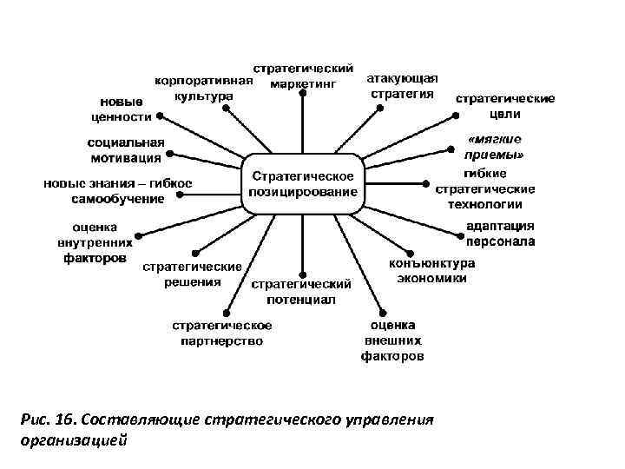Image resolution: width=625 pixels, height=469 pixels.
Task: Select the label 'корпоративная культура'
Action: [x=204, y=88]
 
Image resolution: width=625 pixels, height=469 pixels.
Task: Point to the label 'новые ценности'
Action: [x=122, y=108]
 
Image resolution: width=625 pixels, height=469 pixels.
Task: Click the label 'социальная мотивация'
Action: [x=126, y=149]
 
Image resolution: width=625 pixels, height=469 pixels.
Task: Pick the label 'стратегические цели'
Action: [x=505, y=106]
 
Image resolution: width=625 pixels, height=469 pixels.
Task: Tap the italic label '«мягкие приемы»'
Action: [x=494, y=147]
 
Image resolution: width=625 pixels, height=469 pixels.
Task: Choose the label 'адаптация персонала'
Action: [x=501, y=234]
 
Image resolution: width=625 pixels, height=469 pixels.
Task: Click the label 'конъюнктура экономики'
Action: [x=431, y=270]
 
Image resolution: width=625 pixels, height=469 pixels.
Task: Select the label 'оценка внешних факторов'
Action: [x=392, y=340]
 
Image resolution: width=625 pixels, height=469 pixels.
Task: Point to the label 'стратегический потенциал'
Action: [x=300, y=291]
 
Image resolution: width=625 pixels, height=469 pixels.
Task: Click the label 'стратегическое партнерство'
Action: [x=222, y=333]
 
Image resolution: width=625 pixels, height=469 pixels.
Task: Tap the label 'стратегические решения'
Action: [x=192, y=274]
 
